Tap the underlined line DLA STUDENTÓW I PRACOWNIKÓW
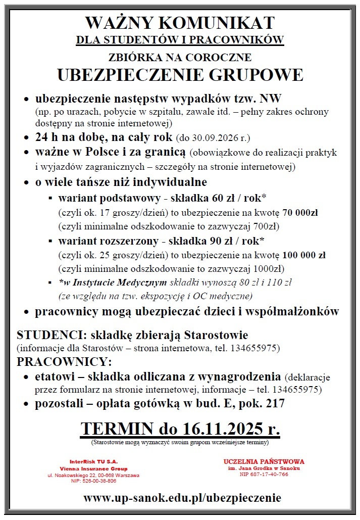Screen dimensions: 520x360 point(180,39)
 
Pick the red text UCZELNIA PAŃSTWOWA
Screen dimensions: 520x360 point(264,461)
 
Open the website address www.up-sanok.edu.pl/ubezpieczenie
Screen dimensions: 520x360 point(182,498)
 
